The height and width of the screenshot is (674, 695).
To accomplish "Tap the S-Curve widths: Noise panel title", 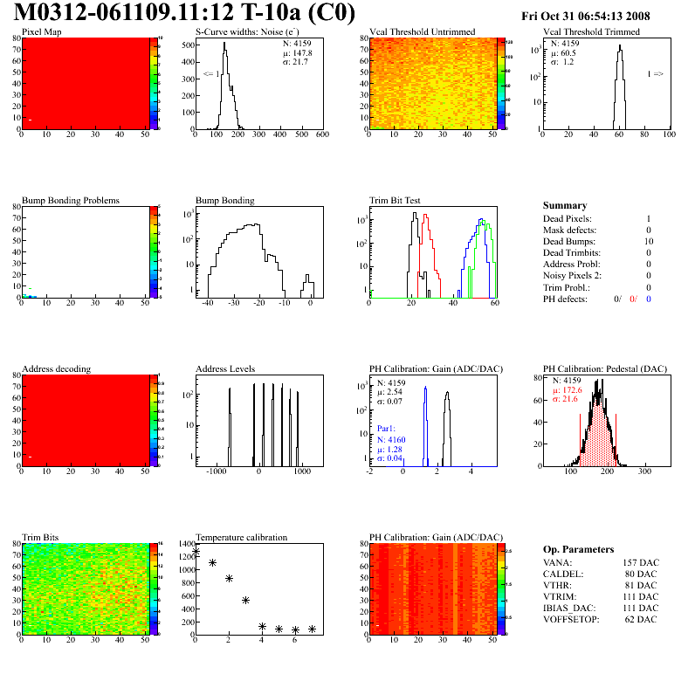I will coord(248,32).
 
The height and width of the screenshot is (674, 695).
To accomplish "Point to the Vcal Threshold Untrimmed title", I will coord(423,32).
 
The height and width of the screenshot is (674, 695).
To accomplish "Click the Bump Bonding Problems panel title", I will coord(71,200).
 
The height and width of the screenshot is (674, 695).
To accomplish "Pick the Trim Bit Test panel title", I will coord(396,200).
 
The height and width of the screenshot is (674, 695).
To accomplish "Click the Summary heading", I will coord(565,205).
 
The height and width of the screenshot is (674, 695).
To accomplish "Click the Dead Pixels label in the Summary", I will coord(568,218).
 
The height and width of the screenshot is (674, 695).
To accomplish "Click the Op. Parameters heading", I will coord(578,549).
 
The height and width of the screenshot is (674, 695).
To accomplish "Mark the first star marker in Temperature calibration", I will coord(196,552).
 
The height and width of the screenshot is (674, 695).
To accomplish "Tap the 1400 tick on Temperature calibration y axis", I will coord(184,543).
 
